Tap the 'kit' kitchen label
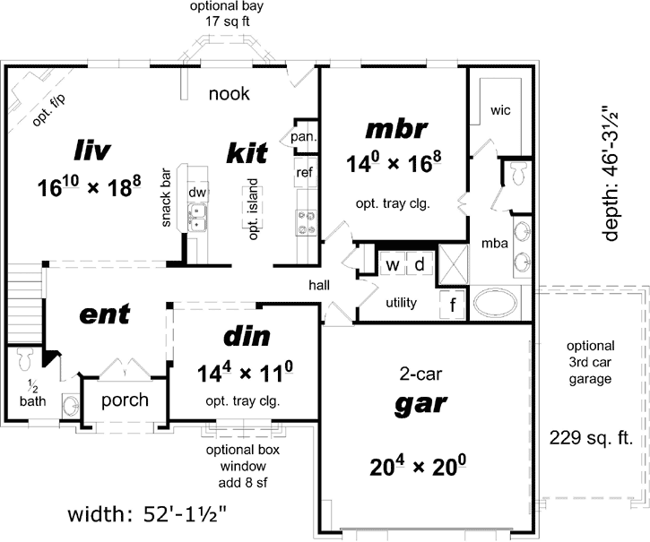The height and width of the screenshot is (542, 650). coord(246,152)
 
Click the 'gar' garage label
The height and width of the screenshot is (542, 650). coord(420,403)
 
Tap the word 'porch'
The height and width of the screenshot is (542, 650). coord(125,400)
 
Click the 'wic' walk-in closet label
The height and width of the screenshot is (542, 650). coord(499,110)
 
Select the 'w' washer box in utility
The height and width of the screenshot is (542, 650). coord(392,265)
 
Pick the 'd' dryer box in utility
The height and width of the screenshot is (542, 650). coord(419,265)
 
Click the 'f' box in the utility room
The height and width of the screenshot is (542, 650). coord(453,305)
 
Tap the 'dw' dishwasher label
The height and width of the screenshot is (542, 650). coord(197,193)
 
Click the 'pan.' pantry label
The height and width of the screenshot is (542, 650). coord(300,137)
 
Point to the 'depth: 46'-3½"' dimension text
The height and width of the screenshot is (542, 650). coord(611,174)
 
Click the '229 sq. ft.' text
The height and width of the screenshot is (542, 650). coord(593,438)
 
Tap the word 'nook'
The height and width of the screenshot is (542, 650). coord(229,93)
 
